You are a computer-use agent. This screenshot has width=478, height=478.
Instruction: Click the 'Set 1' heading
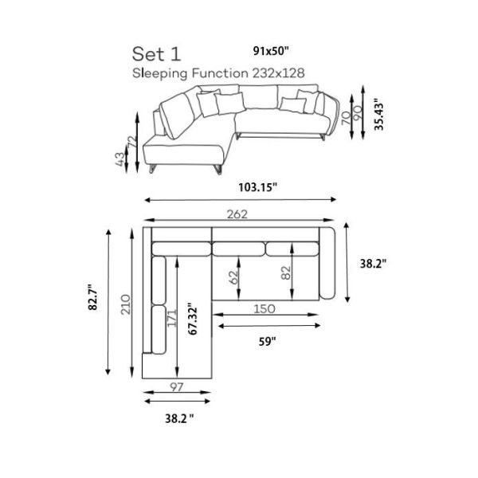(x=156, y=54)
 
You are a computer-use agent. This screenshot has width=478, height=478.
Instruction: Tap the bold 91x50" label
(x=271, y=51)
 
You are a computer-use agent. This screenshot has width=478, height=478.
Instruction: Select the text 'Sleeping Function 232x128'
(x=218, y=73)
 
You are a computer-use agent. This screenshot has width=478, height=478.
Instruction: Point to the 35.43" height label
(x=378, y=114)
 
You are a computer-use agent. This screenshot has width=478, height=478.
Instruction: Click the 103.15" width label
(x=257, y=187)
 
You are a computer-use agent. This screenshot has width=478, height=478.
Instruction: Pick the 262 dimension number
(x=237, y=214)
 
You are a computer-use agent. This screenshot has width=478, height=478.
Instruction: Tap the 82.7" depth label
(x=92, y=297)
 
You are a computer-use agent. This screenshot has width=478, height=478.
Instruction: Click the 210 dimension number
(x=126, y=304)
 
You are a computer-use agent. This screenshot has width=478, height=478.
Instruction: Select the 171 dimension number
(x=172, y=318)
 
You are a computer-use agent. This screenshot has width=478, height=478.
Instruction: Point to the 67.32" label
(x=193, y=319)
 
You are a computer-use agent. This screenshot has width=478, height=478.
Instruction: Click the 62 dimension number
(x=233, y=277)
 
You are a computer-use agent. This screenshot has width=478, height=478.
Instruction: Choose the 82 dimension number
(x=286, y=272)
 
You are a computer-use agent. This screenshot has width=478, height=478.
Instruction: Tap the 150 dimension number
(x=264, y=309)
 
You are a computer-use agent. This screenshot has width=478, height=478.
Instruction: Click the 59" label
(x=268, y=342)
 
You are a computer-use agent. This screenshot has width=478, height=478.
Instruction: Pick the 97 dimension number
(x=177, y=387)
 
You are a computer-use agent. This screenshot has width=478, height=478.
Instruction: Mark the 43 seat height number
(x=119, y=159)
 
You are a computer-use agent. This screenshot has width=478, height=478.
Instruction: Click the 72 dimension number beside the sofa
(x=132, y=142)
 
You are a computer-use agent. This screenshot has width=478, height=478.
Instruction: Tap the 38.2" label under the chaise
(x=179, y=418)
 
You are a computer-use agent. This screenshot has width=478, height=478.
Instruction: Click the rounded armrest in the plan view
(x=327, y=264)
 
